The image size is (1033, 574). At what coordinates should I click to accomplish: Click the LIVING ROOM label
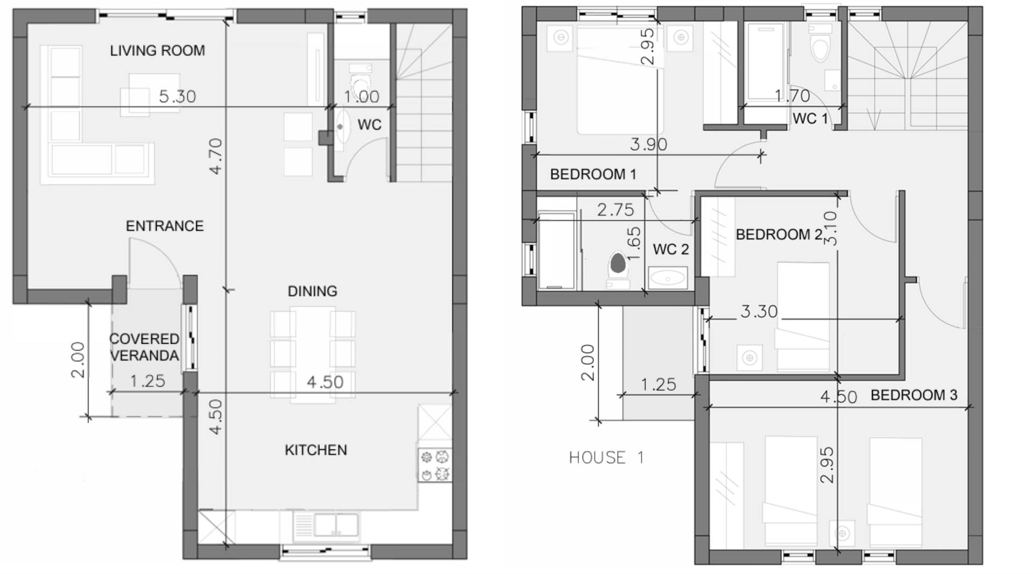(x=157, y=51)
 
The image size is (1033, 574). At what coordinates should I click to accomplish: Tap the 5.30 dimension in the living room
(x=178, y=96)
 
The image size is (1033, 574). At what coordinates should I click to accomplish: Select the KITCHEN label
(x=316, y=450)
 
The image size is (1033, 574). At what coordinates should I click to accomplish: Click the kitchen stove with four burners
(x=435, y=465)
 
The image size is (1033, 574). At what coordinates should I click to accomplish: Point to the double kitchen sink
(x=326, y=525)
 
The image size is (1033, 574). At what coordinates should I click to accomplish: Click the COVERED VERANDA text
(x=144, y=347)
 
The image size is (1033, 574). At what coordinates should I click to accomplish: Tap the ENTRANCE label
(x=165, y=226)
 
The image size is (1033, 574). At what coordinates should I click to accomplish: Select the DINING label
(x=312, y=291)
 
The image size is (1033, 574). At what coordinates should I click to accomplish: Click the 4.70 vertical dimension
(x=216, y=156)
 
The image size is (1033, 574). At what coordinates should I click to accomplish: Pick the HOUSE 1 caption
(x=606, y=457)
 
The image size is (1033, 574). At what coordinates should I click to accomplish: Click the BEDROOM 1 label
(x=593, y=174)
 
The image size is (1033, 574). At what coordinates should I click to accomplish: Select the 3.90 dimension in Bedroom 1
(x=648, y=144)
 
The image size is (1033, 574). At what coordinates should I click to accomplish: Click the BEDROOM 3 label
(x=914, y=395)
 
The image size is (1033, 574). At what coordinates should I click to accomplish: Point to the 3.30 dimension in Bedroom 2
(x=759, y=311)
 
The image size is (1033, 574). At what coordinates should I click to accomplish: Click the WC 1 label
(x=810, y=118)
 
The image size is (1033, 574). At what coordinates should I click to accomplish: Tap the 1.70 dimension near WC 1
(x=792, y=96)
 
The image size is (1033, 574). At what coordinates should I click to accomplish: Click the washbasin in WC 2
(x=667, y=278)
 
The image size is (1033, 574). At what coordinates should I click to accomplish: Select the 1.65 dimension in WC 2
(x=634, y=244)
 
